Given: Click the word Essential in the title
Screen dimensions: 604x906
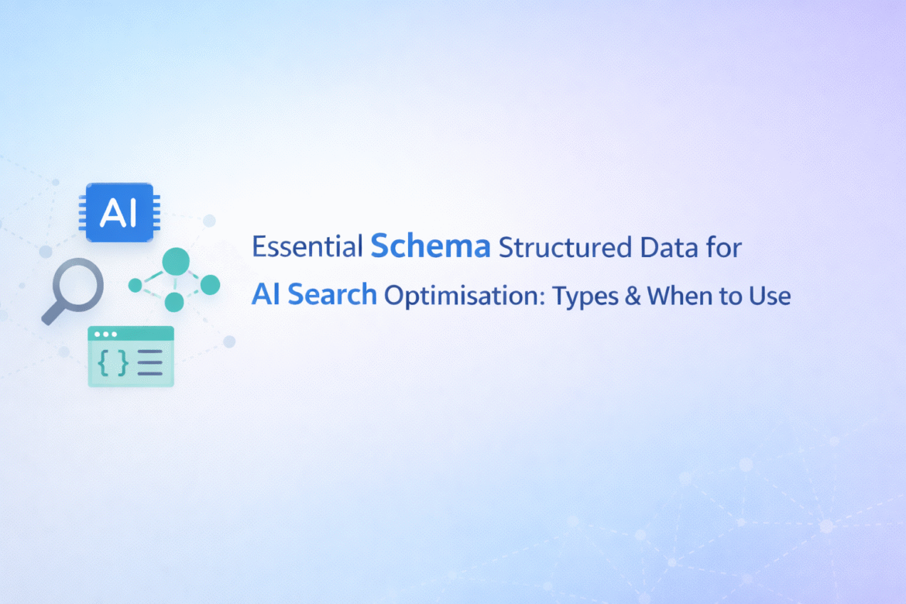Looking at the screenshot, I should (307, 248).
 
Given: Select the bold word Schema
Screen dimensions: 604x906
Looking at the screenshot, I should (431, 246).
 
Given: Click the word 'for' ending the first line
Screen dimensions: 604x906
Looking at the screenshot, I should (725, 248).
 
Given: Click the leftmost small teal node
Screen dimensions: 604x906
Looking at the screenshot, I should (136, 286).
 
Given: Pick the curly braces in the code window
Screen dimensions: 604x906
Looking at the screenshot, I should (113, 362).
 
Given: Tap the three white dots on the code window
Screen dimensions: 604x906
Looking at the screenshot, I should (105, 335).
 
